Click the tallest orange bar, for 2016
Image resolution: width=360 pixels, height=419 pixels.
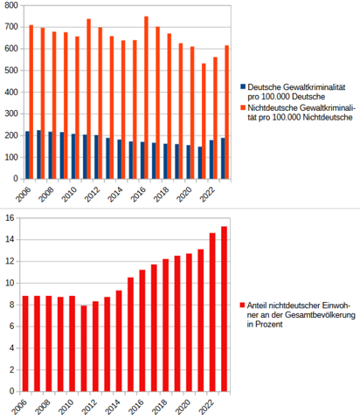coord(147,98)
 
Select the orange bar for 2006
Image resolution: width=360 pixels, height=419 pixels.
coord(31,102)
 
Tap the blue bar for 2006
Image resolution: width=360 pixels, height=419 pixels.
coord(27,155)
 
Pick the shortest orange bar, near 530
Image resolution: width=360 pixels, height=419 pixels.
coord(204,121)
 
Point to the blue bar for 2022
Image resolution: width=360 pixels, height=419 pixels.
coord(211,160)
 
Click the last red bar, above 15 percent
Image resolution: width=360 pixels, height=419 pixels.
coord(224,309)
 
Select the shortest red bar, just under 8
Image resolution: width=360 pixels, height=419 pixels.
coord(84,348)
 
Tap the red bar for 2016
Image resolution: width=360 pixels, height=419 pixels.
coord(142,331)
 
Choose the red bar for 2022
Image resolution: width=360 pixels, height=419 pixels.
coord(212,312)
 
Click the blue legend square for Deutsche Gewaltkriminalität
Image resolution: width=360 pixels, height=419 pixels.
coord(243,86)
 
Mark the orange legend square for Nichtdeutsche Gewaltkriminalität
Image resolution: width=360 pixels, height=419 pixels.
coord(243,107)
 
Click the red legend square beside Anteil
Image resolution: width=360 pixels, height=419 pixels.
coord(242,305)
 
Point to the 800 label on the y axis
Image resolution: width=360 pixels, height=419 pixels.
coord(11,5)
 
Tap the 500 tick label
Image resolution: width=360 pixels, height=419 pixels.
coord(11,71)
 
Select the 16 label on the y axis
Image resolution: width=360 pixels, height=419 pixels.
coord(10,217)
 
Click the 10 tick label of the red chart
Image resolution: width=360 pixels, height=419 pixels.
coord(10,283)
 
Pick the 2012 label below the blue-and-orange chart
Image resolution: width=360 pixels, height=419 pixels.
coord(92,194)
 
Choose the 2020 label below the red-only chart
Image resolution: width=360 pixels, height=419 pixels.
coord(183,407)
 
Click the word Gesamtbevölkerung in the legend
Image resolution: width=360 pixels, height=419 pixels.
coord(320,315)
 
